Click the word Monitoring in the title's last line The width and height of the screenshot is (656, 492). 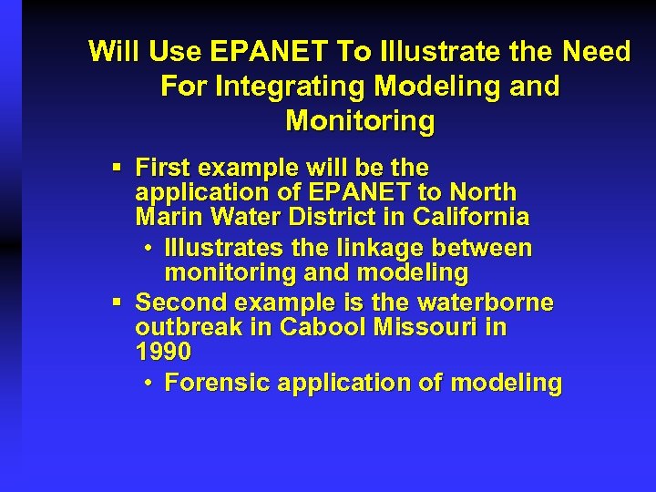point(360,121)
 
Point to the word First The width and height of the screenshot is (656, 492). point(163,168)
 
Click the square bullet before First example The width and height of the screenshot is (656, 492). point(116,168)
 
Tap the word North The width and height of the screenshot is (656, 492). point(483,192)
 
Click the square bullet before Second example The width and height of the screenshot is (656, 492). point(116,302)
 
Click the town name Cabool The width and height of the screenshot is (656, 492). point(324,326)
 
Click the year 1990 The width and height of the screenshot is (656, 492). point(163,351)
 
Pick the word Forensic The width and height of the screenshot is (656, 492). point(218,383)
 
